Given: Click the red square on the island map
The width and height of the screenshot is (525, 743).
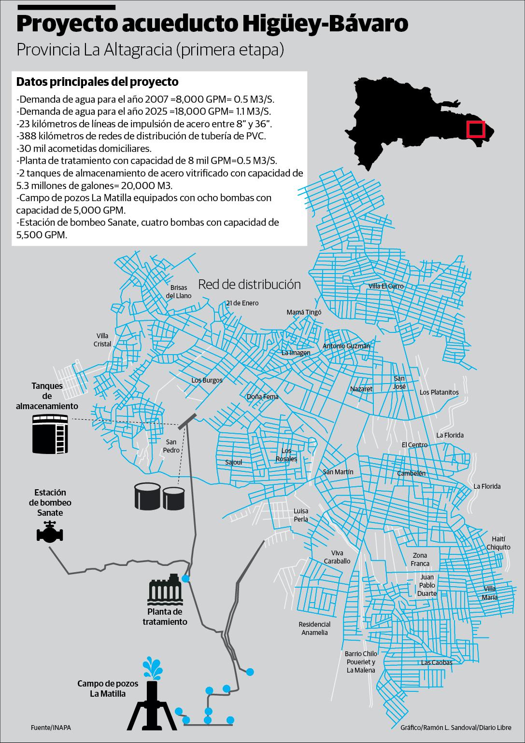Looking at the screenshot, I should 475,129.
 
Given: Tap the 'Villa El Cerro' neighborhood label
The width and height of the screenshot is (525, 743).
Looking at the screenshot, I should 385,286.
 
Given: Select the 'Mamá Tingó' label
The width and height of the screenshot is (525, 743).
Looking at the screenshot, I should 304,312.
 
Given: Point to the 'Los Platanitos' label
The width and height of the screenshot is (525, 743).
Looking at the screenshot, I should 439,392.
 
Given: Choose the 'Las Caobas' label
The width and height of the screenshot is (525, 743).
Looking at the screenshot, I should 437,662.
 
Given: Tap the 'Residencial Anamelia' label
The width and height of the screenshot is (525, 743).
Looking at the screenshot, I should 314,628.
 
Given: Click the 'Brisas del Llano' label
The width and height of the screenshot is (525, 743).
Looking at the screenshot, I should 179,292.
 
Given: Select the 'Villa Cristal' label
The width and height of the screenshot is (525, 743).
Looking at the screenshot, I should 103,340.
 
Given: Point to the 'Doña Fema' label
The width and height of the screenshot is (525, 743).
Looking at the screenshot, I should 263,397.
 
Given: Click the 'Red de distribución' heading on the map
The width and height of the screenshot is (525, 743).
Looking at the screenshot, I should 249,284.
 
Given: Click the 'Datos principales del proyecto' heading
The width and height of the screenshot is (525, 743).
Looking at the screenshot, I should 98,82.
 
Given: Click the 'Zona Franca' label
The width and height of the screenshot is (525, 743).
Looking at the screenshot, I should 420,560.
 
